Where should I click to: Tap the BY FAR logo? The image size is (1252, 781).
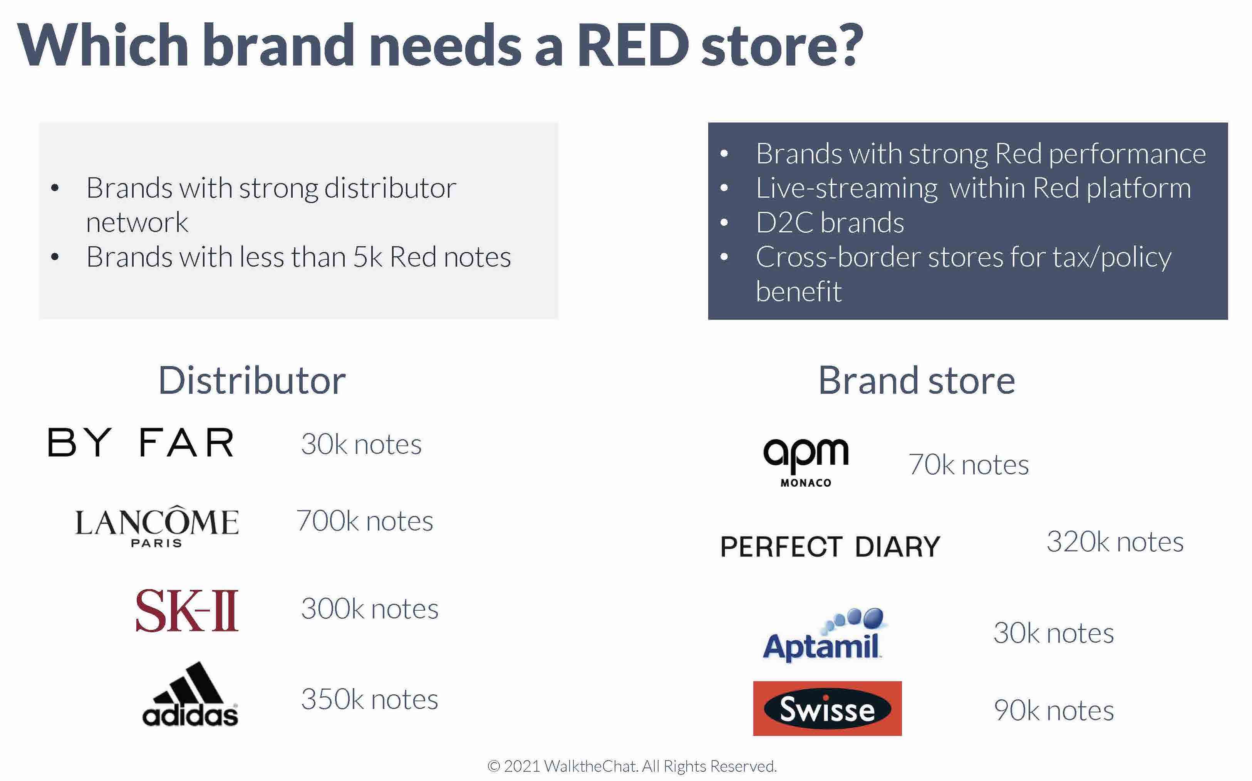point(141,443)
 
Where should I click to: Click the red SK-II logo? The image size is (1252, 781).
point(187,611)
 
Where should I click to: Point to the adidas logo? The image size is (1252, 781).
point(190,694)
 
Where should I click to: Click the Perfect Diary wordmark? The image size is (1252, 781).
point(830,546)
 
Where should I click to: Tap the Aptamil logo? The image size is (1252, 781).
point(823,635)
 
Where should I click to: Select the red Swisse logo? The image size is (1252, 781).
point(827,708)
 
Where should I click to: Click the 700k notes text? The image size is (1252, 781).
point(364,521)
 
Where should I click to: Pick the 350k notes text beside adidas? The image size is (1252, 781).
point(370,699)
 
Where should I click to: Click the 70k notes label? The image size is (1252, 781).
point(969,464)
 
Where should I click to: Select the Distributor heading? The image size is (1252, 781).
point(252,381)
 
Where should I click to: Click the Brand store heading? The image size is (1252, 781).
point(917,381)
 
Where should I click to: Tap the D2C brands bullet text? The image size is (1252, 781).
point(830,223)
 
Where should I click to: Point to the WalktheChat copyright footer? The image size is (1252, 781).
point(632,766)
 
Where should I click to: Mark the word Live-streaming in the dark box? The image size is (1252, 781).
point(847,188)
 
